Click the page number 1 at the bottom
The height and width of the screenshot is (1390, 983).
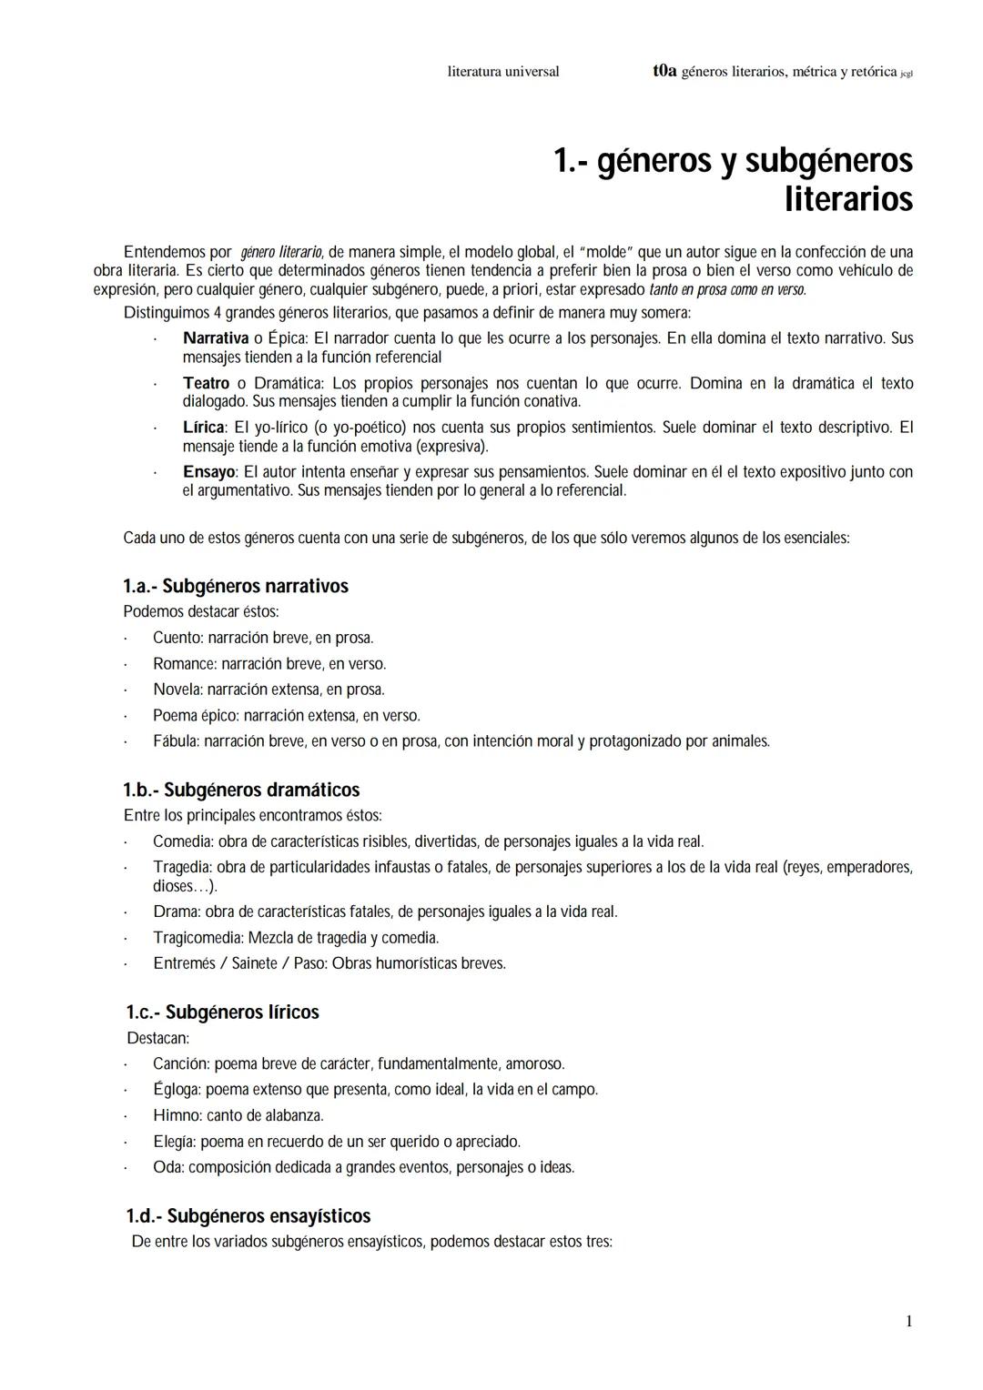[x=908, y=1322]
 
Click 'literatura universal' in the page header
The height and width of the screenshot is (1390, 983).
[x=503, y=71]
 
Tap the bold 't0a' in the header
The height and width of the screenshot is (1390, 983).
[x=664, y=71]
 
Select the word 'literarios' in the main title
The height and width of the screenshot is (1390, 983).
[x=848, y=199]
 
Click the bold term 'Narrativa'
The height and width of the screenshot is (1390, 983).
[x=216, y=338]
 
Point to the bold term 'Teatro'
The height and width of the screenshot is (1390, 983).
[x=206, y=384]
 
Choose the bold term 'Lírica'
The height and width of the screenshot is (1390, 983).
[x=203, y=428]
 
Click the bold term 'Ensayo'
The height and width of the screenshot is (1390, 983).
[x=209, y=472]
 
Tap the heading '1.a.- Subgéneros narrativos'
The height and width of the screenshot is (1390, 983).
[x=236, y=586]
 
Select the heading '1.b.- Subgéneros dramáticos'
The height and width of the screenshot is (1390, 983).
[x=241, y=790]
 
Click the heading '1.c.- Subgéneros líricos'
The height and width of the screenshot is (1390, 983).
[x=222, y=1012]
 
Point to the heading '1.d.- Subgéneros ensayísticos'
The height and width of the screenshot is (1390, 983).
[x=248, y=1216]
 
